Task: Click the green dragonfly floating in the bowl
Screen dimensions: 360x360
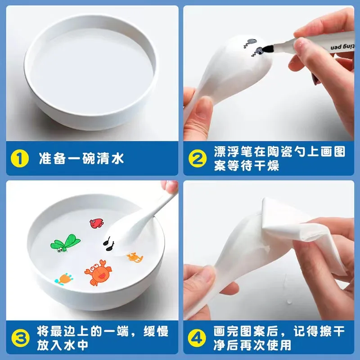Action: click(x=65, y=243)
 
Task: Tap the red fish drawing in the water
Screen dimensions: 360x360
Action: click(x=96, y=223)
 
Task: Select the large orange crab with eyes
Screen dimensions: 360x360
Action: click(x=98, y=273)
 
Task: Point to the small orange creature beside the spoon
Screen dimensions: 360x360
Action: click(x=135, y=257)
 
